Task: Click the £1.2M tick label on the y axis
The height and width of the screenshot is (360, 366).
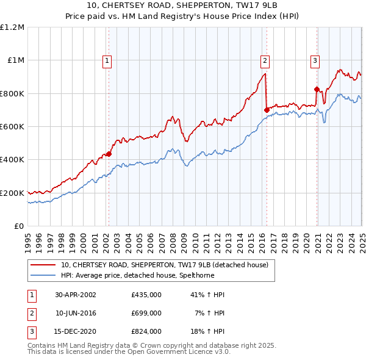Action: click(12, 27)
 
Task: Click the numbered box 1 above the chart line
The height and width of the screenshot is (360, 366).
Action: click(107, 60)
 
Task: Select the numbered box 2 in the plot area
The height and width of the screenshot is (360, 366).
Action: click(265, 60)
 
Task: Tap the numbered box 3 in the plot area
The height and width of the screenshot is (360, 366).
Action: click(315, 60)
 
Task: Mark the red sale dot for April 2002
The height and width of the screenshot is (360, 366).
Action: click(109, 154)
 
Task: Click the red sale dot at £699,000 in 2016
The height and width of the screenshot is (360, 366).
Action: click(267, 110)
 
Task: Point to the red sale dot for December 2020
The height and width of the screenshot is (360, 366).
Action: click(317, 89)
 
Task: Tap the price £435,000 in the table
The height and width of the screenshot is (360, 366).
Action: click(146, 294)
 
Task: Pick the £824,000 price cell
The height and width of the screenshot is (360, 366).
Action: click(146, 332)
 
